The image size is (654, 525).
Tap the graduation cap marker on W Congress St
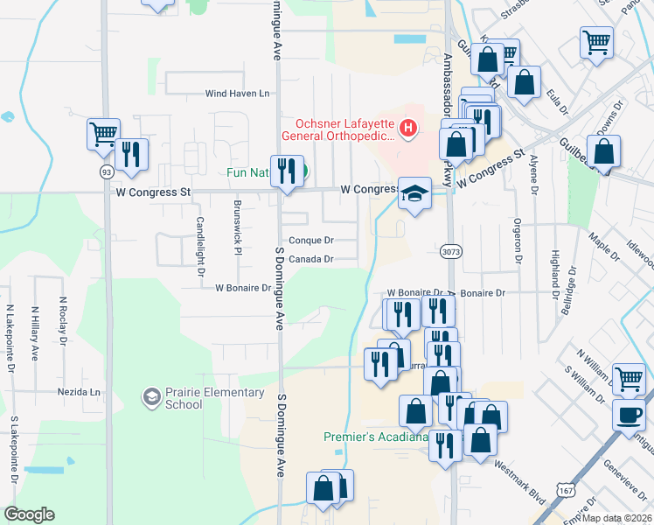415,192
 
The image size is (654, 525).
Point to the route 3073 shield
451,251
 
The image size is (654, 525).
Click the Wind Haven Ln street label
238,94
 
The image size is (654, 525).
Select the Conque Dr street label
310,240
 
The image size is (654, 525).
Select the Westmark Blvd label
519,482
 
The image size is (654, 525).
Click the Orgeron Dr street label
518,241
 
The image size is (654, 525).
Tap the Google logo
29,514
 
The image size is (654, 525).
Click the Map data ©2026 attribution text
617,518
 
